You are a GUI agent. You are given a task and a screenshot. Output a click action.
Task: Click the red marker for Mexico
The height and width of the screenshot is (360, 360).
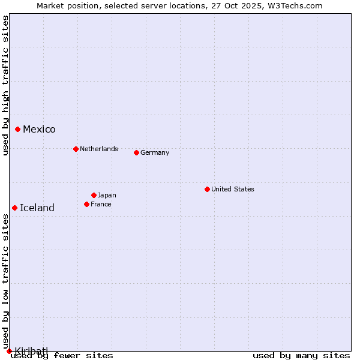point(17,129)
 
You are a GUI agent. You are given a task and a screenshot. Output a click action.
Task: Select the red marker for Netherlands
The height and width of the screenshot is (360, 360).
point(76,149)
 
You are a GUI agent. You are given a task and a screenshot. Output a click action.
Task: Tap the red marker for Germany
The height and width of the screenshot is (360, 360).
point(136,152)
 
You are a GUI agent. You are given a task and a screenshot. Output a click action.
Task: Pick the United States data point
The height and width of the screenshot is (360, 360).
point(207,189)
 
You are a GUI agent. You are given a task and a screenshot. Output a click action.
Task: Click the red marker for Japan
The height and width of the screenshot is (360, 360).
point(94,195)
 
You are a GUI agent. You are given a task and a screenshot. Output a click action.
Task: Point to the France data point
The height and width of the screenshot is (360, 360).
point(86,204)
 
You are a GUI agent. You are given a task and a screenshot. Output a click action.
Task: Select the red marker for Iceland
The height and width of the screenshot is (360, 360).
point(14,208)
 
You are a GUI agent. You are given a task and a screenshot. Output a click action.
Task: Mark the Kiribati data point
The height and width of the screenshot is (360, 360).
point(9,351)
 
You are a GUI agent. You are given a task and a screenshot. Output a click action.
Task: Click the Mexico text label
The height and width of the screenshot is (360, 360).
point(39,130)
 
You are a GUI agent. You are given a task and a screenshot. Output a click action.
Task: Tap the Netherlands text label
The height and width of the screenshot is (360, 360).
point(98,149)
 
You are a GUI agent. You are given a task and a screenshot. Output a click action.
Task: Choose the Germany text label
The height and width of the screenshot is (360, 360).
point(155,152)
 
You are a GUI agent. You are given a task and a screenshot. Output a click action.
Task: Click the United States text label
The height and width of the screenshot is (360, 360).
point(232,189)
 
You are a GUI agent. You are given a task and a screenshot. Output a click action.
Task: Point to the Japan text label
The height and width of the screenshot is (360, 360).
point(107,195)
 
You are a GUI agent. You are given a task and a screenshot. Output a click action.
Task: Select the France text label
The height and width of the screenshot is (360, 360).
point(101,204)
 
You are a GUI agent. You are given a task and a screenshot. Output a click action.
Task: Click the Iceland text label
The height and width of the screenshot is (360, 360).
point(37,208)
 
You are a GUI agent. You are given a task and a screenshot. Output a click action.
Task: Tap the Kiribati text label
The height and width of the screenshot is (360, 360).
point(31,350)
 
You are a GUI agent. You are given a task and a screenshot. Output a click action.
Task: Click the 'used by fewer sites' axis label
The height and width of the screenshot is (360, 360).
point(62,356)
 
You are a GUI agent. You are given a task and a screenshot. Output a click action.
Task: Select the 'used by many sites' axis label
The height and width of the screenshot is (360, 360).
point(301,356)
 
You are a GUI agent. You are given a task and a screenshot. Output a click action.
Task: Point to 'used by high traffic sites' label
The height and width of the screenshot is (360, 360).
point(5,85)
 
